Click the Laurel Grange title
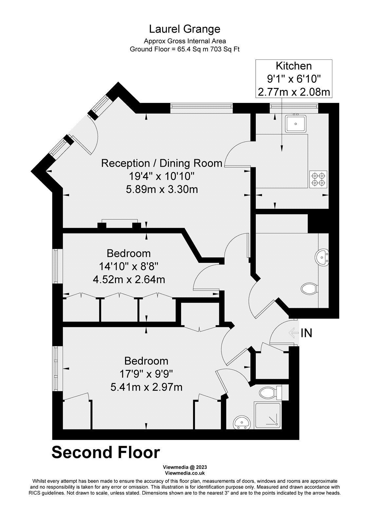[x=185, y=29]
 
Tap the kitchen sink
[x=296, y=124]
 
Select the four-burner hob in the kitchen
[x=318, y=179]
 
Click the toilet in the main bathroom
[x=310, y=289]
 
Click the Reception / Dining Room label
[x=162, y=163]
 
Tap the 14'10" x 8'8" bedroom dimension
[x=129, y=266]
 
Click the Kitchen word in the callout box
[x=294, y=66]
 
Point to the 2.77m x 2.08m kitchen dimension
[x=294, y=92]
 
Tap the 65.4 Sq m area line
[x=185, y=49]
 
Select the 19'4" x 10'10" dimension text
[x=162, y=176]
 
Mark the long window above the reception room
[x=202, y=106]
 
